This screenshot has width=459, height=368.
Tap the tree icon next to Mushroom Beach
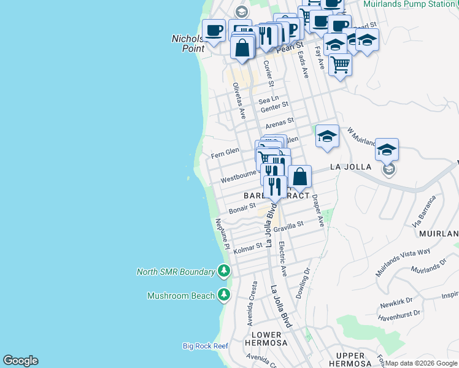[x=224, y=296]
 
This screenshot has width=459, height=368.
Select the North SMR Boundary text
[x=175, y=272]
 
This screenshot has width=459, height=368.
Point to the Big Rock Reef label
[x=205, y=346]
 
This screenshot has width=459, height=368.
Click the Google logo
[x=20, y=361]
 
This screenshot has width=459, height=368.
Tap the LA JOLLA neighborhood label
[x=350, y=167]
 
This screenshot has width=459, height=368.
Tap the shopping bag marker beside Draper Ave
[x=299, y=177]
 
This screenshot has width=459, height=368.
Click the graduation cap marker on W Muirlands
[x=327, y=136]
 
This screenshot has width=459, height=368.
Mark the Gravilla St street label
[x=288, y=226]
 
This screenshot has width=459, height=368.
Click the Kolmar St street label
[x=248, y=248]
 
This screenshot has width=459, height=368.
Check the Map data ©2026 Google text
[x=421, y=363]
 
